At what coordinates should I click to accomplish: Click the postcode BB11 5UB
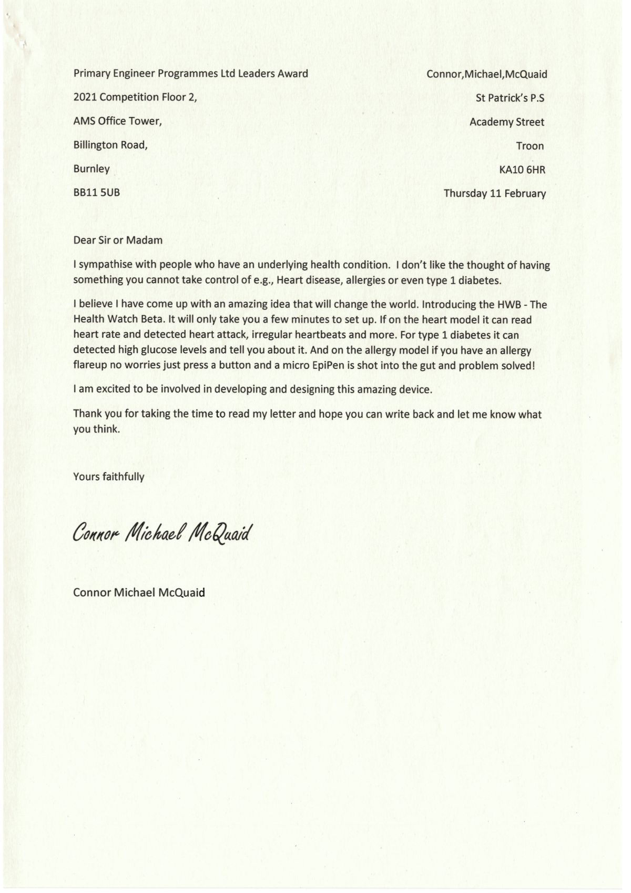pos(96,193)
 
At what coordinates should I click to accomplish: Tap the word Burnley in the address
pos(91,169)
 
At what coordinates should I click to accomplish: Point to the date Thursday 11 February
pos(494,193)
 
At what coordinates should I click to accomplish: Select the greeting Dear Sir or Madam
pos(118,240)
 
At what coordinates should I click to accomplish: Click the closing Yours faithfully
pos(108,477)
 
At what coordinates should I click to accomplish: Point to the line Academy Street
pos(506,122)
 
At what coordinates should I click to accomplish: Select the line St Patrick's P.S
pos(510,98)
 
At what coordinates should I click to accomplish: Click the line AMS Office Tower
pos(117,121)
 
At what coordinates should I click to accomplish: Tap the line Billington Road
pos(110,145)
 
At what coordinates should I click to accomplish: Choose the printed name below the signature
pos(139,593)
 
